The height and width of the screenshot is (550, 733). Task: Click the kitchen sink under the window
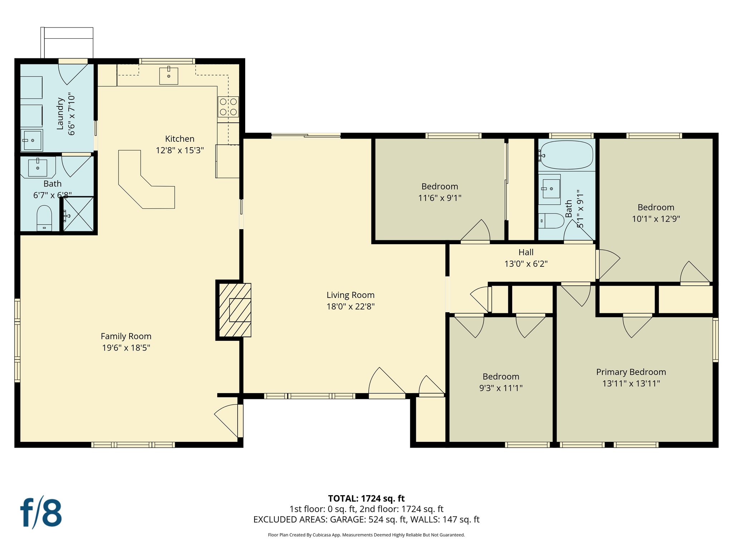(x=169, y=76)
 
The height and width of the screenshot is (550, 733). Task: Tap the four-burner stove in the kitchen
(x=228, y=107)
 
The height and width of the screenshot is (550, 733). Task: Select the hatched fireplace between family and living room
(x=235, y=310)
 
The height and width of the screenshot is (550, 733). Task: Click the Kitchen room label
(x=180, y=139)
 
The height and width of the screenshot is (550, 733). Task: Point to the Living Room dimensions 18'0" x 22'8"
(x=350, y=307)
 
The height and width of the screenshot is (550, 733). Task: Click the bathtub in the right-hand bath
(x=566, y=155)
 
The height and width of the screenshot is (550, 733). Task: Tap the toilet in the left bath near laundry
(x=44, y=218)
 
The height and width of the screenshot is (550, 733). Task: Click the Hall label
(x=526, y=252)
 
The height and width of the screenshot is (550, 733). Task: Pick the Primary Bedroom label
(x=631, y=372)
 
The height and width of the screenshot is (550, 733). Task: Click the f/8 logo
(x=41, y=513)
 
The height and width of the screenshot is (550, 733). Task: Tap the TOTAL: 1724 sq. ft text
(x=366, y=498)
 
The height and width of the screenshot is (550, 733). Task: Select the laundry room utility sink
(x=31, y=140)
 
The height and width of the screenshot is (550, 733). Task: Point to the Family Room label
(x=126, y=336)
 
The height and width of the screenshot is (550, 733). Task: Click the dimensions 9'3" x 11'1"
(x=501, y=388)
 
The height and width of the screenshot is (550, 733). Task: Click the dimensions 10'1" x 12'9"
(x=656, y=219)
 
